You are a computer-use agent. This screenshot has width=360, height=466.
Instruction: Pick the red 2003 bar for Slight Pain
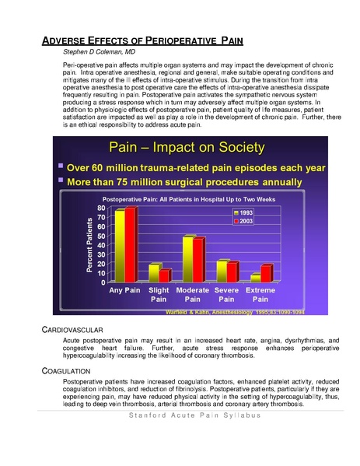point(165,275)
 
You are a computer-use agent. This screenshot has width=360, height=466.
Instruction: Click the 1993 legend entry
point(244,212)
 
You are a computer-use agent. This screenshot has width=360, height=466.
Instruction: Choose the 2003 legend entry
point(244,221)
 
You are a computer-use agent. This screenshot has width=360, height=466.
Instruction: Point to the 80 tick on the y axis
point(100,208)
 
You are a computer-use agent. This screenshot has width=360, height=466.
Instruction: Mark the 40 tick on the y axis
point(100,246)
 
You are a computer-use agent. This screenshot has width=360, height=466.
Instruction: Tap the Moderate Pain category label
point(193,294)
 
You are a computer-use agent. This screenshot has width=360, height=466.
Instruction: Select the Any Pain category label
point(125,289)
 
